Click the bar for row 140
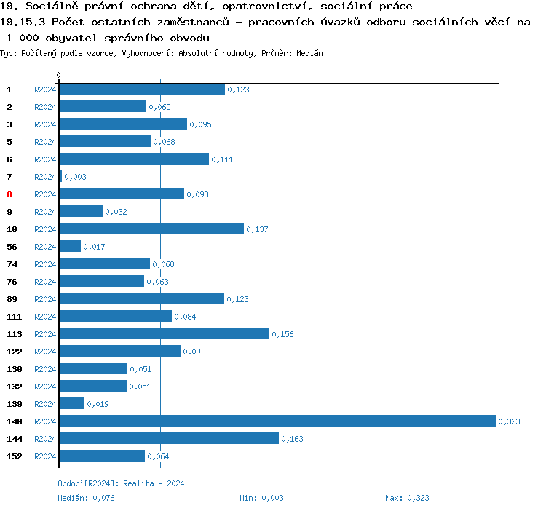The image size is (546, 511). click(x=277, y=421)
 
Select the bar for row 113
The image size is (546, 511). click(x=164, y=333)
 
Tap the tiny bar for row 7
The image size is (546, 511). click(x=60, y=176)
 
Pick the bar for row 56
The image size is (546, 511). click(x=70, y=246)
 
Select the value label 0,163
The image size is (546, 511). click(x=292, y=439)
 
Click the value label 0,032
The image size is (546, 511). click(x=116, y=212)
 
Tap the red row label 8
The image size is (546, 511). click(x=9, y=194)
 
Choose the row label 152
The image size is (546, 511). click(x=15, y=456)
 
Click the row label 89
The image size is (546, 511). click(x=12, y=299)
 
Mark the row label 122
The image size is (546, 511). click(x=15, y=352)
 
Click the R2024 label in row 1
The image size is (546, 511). click(x=45, y=90)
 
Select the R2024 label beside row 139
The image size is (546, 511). click(x=45, y=404)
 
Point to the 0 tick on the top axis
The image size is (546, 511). click(x=59, y=76)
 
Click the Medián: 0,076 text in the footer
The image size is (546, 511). click(x=86, y=498)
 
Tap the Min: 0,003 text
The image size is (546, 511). click(x=261, y=498)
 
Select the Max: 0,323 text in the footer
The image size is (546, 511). click(x=407, y=498)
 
